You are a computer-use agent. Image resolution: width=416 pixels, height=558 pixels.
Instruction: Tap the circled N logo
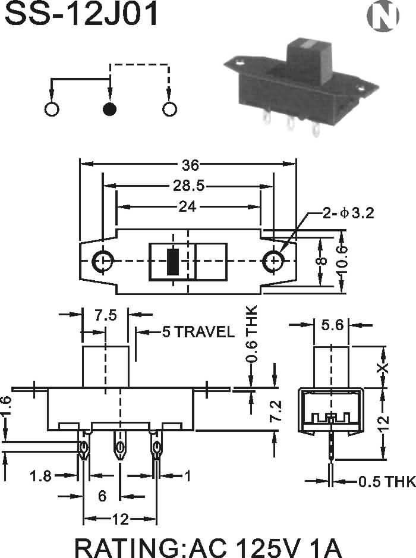click(x=383, y=16)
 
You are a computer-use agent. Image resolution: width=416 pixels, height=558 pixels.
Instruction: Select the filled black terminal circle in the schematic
click(x=109, y=109)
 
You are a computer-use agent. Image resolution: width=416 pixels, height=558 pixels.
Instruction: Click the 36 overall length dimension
click(x=191, y=165)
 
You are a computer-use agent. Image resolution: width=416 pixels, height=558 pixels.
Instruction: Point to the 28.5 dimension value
click(x=189, y=186)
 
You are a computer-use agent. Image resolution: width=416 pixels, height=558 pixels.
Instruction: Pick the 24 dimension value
click(x=187, y=206)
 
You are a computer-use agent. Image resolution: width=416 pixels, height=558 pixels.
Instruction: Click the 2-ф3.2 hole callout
click(x=348, y=213)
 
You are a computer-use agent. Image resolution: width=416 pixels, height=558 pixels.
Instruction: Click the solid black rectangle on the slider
click(x=173, y=262)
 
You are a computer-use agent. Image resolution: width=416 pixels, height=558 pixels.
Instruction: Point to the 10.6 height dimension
click(x=342, y=262)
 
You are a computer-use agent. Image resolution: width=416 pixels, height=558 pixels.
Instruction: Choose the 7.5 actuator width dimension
click(x=106, y=315)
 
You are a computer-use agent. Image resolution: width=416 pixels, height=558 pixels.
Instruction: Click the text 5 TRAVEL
click(x=198, y=332)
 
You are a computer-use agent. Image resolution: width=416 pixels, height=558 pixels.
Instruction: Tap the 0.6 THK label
click(x=251, y=334)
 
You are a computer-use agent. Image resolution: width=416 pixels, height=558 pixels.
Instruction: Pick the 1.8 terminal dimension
click(x=40, y=476)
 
